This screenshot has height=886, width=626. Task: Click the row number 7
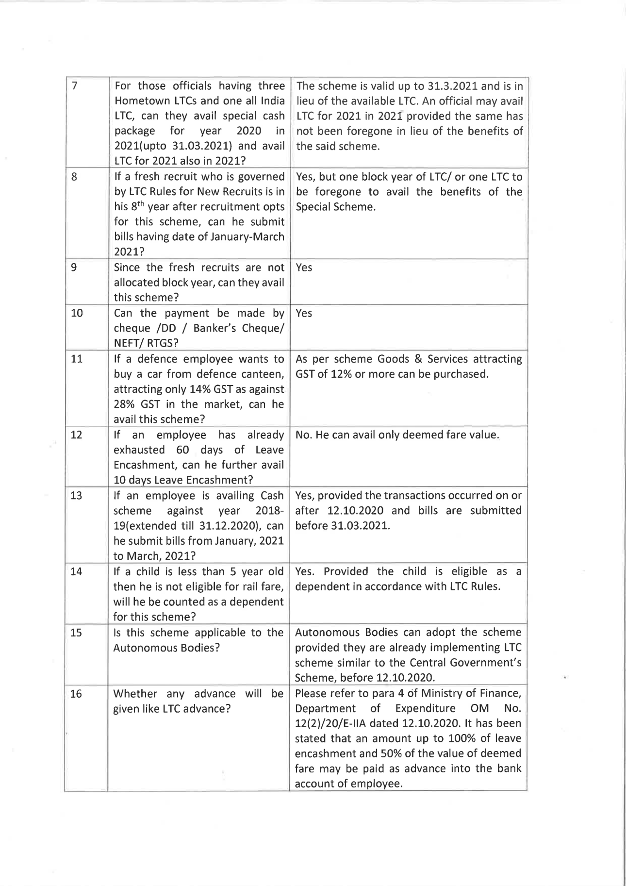tap(75, 86)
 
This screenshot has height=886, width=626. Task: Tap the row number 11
tap(77, 359)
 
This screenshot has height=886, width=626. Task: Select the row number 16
tap(76, 694)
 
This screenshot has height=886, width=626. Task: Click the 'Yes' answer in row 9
tap(304, 267)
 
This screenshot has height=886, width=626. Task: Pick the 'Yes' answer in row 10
tap(304, 313)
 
